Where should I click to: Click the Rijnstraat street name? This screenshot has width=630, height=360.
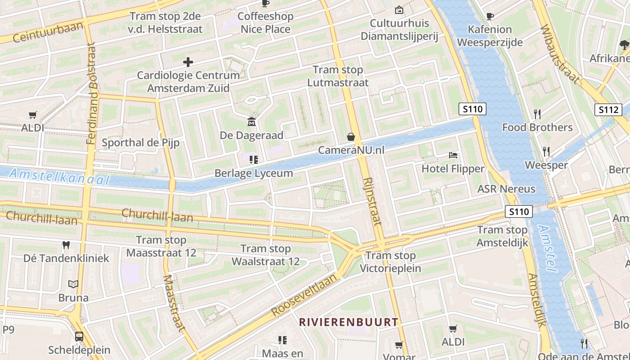tap(372, 201)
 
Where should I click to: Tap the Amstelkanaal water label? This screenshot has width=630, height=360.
tap(59, 176)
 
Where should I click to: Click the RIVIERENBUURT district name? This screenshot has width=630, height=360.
tap(349, 322)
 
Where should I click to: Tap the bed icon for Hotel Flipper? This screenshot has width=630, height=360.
tap(453, 156)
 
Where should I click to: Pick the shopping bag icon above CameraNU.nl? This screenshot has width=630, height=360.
tap(351, 137)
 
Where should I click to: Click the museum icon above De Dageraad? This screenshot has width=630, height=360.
tap(252, 121)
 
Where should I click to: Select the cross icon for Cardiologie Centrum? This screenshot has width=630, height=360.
tap(188, 62)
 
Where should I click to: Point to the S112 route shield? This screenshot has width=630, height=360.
tap(608, 109)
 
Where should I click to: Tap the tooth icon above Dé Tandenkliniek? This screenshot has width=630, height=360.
tap(66, 245)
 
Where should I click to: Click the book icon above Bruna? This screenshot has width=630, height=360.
tap(73, 284)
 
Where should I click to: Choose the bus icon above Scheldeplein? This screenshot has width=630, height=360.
tap(79, 336)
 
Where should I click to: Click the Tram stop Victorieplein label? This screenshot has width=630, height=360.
tap(391, 262)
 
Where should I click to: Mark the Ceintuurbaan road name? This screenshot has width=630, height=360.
tap(48, 31)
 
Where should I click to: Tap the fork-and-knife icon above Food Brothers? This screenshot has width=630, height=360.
tap(537, 113)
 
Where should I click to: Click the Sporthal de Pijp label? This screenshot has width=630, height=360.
tap(140, 143)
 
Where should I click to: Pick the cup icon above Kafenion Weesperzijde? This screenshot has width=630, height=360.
tap(490, 16)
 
